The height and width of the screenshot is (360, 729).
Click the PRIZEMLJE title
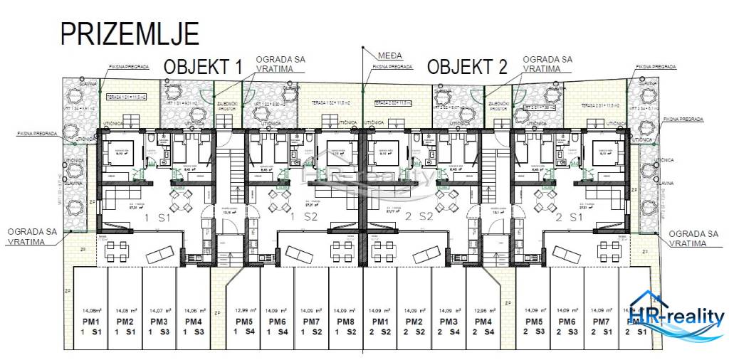pyautogui.click(x=129, y=33)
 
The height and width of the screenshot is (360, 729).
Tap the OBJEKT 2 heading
pyautogui.click(x=467, y=68)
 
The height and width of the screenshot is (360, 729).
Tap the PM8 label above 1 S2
pyautogui.click(x=345, y=322)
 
